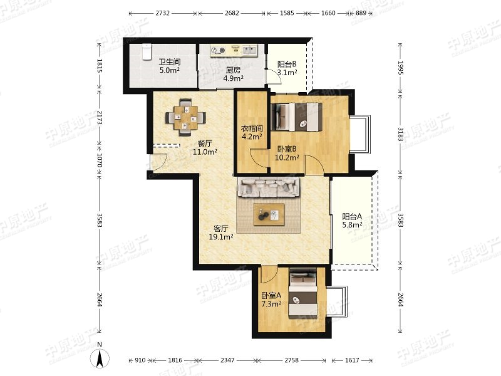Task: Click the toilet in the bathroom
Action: pyautogui.click(x=147, y=52)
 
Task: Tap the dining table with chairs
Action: pyautogui.click(x=185, y=118)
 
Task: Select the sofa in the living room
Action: pyautogui.click(x=269, y=187)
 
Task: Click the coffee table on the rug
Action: pyautogui.click(x=269, y=214)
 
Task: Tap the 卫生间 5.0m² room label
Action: pyautogui.click(x=170, y=66)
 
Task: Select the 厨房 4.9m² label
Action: pyautogui.click(x=233, y=74)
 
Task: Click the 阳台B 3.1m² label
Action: pyautogui.click(x=287, y=68)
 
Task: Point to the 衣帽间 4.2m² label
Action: pyautogui.click(x=252, y=133)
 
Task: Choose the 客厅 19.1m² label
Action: pyautogui.click(x=221, y=232)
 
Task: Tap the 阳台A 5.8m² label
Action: pyautogui.click(x=352, y=221)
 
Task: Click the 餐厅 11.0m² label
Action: pyautogui.click(x=205, y=147)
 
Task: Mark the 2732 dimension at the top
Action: pyautogui.click(x=163, y=13)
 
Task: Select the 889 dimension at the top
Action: pyautogui.click(x=361, y=13)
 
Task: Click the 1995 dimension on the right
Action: pyautogui.click(x=400, y=68)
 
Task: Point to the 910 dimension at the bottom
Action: pyautogui.click(x=140, y=360)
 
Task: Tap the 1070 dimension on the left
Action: pyautogui.click(x=100, y=160)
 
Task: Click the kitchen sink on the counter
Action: pyautogui.click(x=250, y=50)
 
